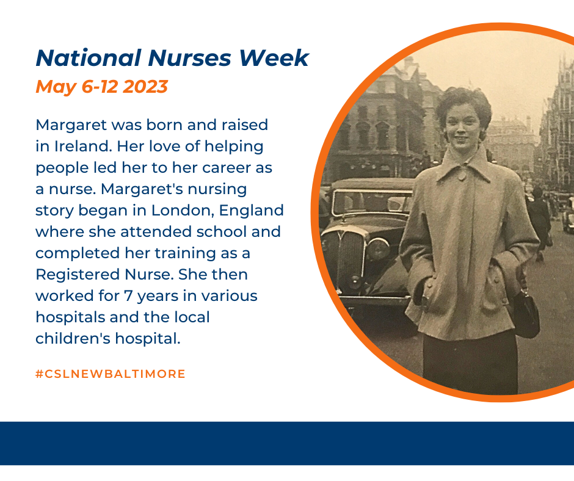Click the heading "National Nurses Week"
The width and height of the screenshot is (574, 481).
[172, 58]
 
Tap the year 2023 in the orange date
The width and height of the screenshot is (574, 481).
[145, 87]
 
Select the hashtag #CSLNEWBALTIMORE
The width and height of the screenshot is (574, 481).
[111, 374]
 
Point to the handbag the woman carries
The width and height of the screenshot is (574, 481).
[526, 313]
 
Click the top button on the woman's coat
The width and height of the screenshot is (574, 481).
[462, 176]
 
